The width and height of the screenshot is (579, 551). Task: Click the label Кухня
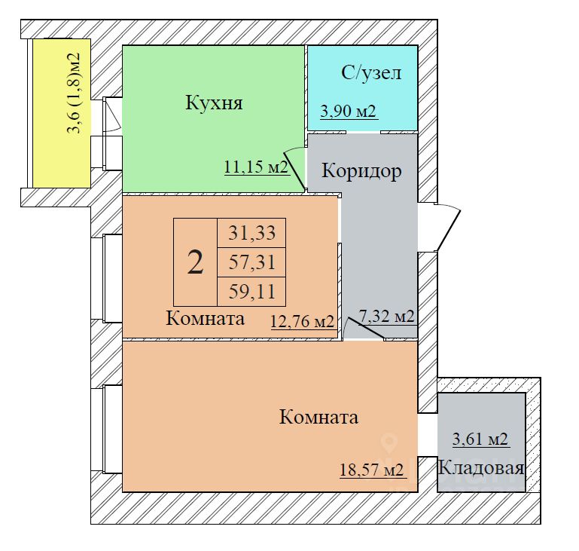coord(214,103)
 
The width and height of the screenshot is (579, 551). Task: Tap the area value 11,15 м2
coord(257,167)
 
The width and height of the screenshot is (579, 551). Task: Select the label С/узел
coord(371,73)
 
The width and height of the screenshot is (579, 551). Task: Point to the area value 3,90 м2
coord(349,112)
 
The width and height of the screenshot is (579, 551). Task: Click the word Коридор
coord(361,170)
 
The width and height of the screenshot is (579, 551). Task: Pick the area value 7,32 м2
coord(387,317)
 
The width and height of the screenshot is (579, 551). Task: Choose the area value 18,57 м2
coord(373,470)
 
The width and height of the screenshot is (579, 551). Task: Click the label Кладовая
coord(481,468)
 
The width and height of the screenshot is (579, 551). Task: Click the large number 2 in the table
coord(195,262)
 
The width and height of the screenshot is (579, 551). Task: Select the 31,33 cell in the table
coord(251,234)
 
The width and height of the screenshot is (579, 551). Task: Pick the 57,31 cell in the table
coord(251,262)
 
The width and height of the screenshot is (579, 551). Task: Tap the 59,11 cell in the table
coord(251,290)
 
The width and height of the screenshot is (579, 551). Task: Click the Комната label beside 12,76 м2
coord(205,319)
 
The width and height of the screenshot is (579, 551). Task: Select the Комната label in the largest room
coord(318,417)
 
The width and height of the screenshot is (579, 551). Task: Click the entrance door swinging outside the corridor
coord(447,227)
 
